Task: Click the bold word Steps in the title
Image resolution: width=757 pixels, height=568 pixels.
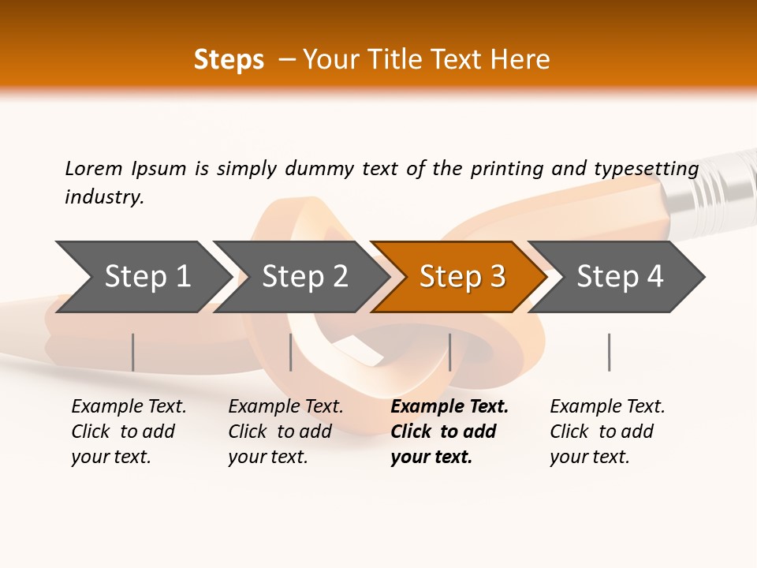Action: [229, 59]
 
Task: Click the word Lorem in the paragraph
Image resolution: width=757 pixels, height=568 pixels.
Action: [93, 168]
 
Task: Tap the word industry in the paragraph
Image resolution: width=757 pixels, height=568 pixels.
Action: [103, 196]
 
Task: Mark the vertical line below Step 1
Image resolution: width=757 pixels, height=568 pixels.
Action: [132, 352]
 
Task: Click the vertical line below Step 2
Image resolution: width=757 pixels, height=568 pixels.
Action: [291, 352]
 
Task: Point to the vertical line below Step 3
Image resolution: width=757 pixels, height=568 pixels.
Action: [449, 352]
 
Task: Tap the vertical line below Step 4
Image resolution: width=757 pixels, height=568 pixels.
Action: [609, 352]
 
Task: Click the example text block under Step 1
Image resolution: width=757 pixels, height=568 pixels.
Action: [129, 432]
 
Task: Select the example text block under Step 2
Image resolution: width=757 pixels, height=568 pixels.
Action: [285, 432]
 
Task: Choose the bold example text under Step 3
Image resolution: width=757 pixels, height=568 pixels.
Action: [449, 432]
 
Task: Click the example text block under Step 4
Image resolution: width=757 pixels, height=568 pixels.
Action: [607, 432]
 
